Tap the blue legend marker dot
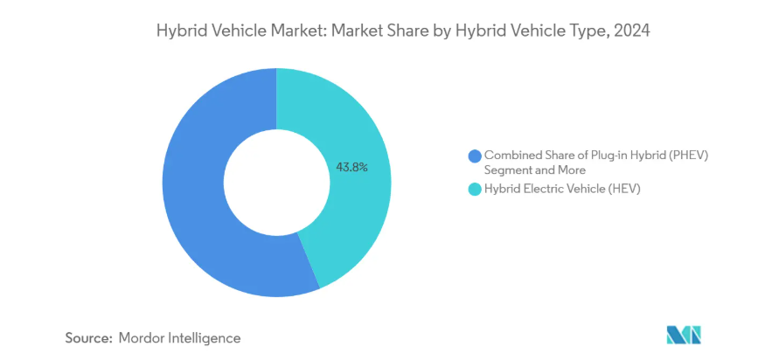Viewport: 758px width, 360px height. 475,156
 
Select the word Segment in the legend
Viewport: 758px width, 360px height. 506,170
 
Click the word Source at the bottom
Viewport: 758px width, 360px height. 88,336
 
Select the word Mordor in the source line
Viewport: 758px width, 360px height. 144,336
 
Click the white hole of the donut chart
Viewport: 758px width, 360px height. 275,179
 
